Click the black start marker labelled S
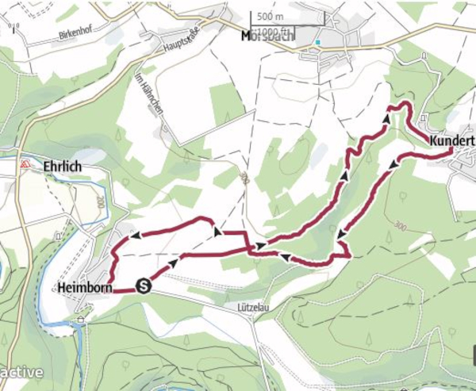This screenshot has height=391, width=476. (x=144, y=286)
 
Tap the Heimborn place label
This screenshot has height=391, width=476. (x=83, y=287)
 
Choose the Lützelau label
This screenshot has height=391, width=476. (x=255, y=305)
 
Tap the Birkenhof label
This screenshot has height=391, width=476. (x=77, y=36)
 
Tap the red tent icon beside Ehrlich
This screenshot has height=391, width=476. (x=25, y=164)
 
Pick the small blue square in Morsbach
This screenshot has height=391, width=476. (x=317, y=42)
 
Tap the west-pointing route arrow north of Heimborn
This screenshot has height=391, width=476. (x=136, y=235)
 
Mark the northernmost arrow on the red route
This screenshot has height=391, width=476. (x=386, y=118)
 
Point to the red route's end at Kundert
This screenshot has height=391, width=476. (x=451, y=150)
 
